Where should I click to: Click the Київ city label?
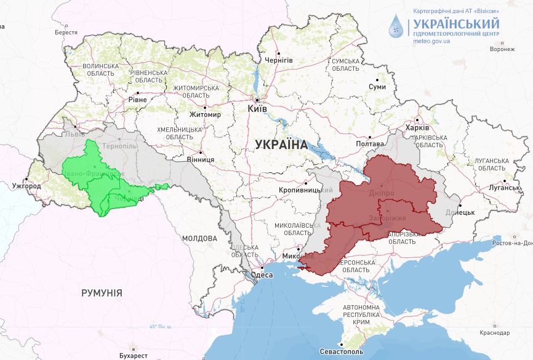click(257, 108)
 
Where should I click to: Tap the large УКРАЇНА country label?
click(281, 145)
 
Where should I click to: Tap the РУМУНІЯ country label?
click(102, 293)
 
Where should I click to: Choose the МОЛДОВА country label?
click(199, 238)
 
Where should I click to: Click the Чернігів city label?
click(278, 60)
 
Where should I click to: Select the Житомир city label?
click(205, 114)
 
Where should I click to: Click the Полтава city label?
click(370, 143)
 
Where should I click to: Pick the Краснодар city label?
click(495, 333)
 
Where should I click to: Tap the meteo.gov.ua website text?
click(431, 41)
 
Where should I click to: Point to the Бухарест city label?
click(134, 356)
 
